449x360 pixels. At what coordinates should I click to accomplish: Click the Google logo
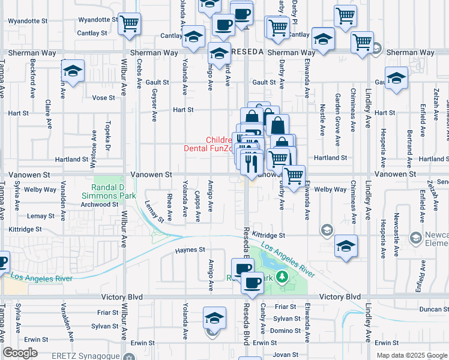[20, 353]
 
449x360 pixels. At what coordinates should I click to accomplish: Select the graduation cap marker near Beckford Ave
[72, 71]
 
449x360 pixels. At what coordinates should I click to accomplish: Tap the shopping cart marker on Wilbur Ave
[129, 24]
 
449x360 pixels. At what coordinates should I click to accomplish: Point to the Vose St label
[103, 98]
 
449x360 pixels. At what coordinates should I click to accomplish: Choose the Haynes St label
[190, 250]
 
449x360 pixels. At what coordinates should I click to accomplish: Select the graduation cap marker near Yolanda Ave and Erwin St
[214, 318]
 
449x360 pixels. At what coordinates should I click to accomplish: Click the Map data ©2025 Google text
[411, 355]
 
